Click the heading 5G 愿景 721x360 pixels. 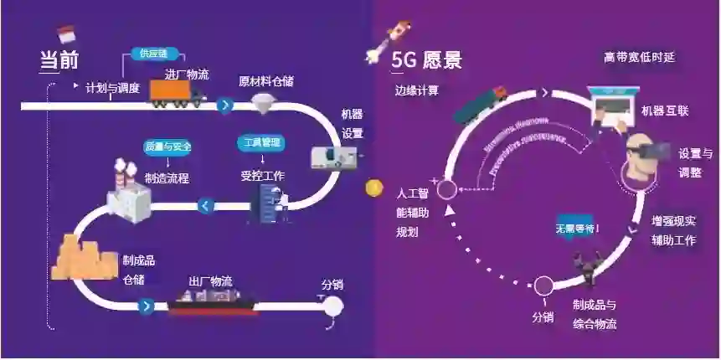(x=426, y=61)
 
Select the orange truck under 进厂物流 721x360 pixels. (x=177, y=93)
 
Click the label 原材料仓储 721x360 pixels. (x=265, y=82)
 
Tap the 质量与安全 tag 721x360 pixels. (x=167, y=147)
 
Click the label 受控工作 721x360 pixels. (x=263, y=176)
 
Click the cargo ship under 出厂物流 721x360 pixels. (x=214, y=302)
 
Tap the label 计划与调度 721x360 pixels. (x=113, y=87)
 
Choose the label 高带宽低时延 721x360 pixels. (x=639, y=58)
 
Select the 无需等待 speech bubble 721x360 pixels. (x=578, y=227)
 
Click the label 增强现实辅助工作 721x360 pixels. (x=674, y=230)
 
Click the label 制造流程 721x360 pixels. (x=167, y=177)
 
